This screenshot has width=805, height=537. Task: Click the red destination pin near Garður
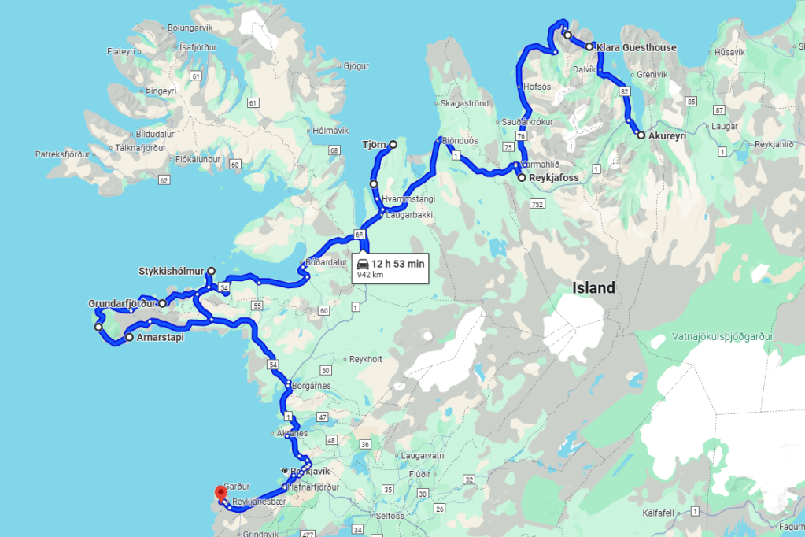[221, 493]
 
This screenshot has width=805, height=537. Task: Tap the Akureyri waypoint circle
[641, 135]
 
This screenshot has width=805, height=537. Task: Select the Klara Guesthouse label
[637, 48]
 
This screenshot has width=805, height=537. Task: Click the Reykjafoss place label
[553, 178]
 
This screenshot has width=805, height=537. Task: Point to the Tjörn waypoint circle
[393, 144]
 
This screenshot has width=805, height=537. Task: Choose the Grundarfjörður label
[123, 303]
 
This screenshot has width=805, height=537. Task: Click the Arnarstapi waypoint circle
[129, 338]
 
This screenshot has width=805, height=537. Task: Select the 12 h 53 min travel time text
[398, 264]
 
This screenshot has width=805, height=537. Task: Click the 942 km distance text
[370, 276]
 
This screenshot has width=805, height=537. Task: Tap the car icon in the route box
[363, 264]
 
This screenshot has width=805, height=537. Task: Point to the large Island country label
[593, 288]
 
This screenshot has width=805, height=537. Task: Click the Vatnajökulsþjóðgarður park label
[722, 336]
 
